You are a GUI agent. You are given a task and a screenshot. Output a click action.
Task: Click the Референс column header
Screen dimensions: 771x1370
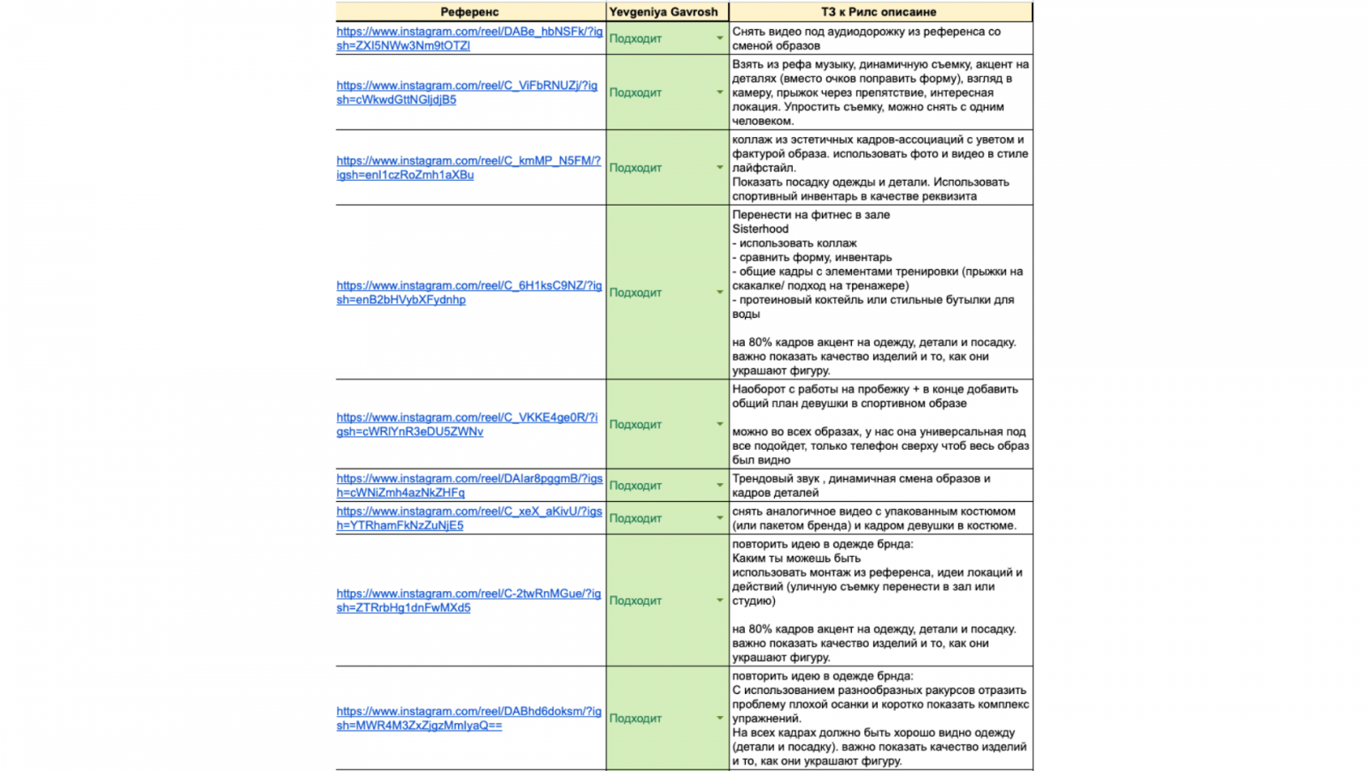point(469,12)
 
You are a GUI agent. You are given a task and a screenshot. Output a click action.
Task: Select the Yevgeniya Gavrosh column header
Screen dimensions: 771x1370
point(664,12)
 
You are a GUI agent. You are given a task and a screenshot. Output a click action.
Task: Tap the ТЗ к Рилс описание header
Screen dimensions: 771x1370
point(879,12)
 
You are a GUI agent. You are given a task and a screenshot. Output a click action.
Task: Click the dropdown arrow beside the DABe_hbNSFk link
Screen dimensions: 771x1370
point(719,39)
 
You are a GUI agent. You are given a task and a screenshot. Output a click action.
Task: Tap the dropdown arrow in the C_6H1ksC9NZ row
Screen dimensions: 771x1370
point(719,293)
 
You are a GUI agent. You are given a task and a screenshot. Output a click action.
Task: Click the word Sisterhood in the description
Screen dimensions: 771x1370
point(760,230)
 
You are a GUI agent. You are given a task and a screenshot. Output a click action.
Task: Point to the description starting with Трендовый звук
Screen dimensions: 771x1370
point(861,486)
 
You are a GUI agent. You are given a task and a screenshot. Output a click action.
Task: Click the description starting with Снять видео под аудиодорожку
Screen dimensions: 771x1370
point(866,39)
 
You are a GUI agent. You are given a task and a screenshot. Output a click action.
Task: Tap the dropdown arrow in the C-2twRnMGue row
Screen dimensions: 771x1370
point(719,601)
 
